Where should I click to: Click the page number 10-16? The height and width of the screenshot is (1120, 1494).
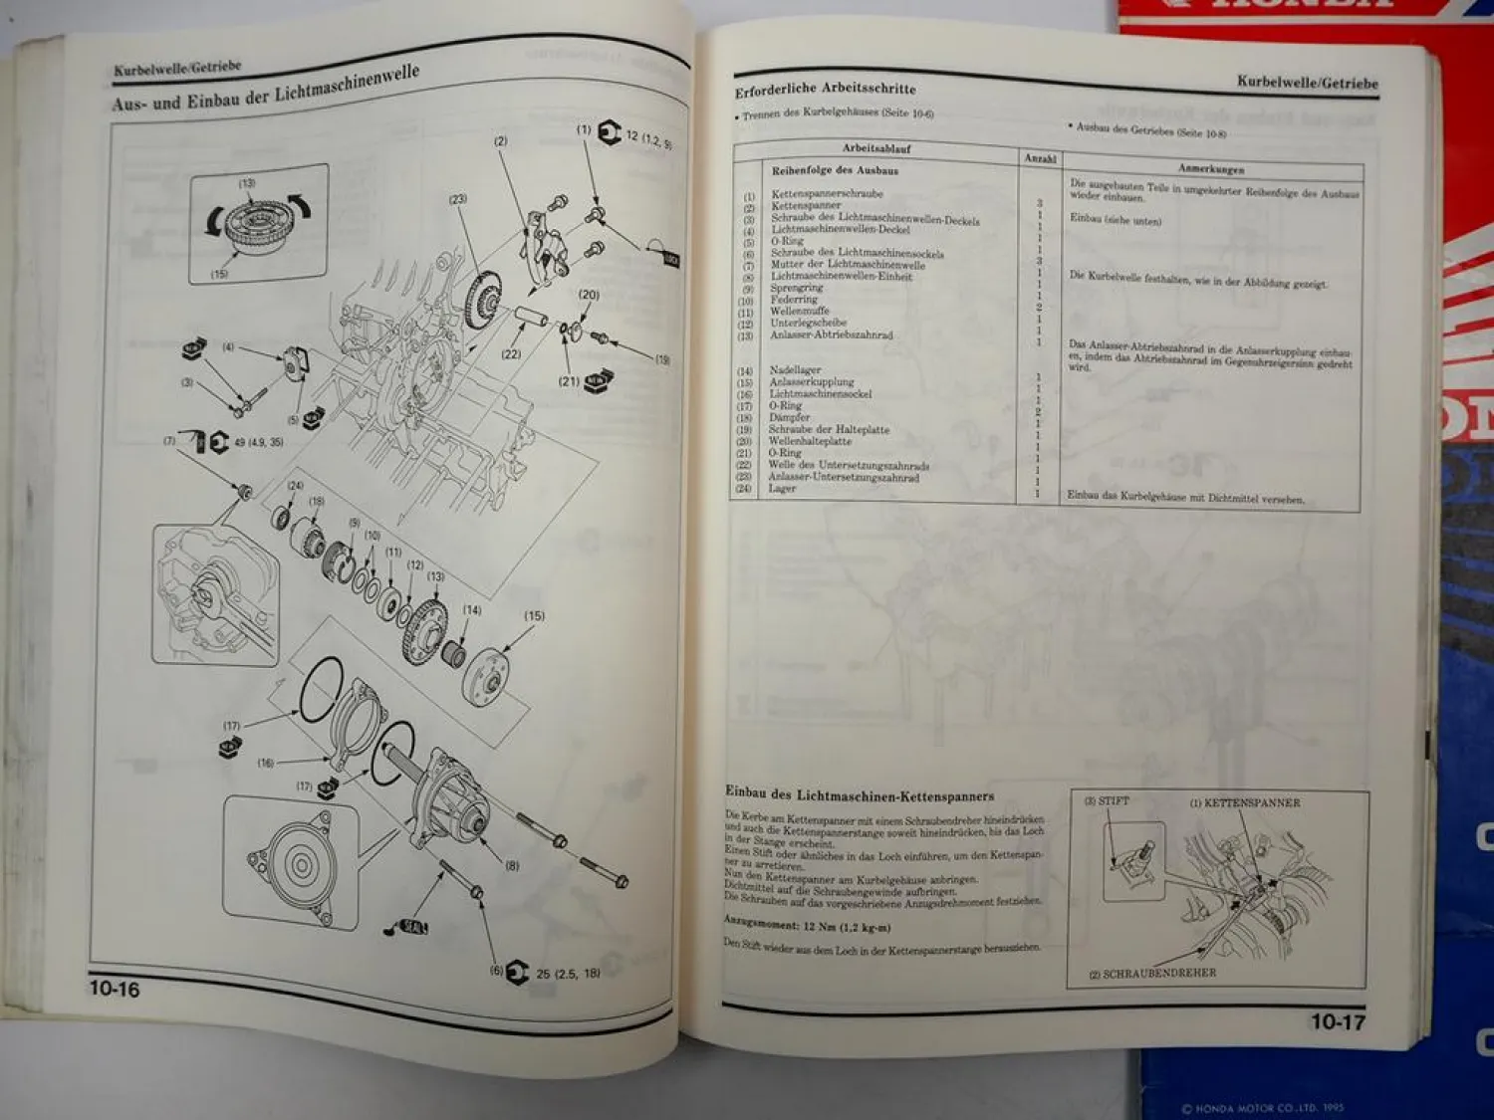point(115,988)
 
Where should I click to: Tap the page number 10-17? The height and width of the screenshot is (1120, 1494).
point(1338,1021)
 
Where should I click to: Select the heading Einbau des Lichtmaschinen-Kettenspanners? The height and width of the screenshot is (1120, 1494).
point(859,794)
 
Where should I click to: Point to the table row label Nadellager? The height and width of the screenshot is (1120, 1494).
point(795,369)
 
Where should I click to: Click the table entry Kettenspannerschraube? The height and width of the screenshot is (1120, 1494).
point(827,193)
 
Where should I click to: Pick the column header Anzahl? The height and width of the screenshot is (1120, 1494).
point(1040,158)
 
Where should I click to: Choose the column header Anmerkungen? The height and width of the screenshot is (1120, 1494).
point(1211,168)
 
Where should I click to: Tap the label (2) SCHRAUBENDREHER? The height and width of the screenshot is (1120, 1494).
point(1152,973)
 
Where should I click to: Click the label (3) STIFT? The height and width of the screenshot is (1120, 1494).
point(1107,800)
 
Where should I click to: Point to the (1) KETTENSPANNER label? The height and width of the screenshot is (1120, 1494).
point(1244,802)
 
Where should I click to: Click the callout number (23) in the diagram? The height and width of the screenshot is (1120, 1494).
point(457,199)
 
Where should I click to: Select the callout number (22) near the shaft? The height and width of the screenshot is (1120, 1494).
point(511,353)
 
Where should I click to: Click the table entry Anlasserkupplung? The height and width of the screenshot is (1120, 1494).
point(811,381)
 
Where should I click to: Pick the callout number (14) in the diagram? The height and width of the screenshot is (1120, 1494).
point(471,610)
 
